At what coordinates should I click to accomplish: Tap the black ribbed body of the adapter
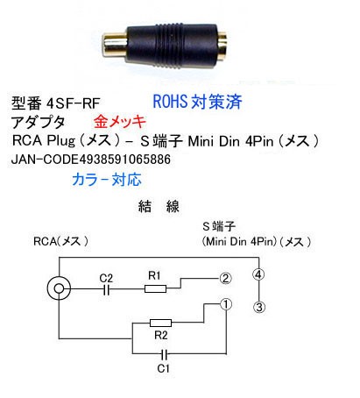[x=173, y=46]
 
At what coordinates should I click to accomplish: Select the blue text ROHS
[x=170, y=102]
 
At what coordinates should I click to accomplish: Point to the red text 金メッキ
[x=120, y=122]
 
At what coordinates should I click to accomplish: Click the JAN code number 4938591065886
[x=125, y=160]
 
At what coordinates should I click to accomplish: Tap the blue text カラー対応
[x=107, y=179]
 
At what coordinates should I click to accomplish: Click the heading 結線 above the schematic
[x=159, y=206]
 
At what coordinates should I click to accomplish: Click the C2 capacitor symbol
[x=107, y=289]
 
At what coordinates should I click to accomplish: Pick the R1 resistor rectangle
[x=156, y=289]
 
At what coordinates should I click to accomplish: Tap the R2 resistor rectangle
[x=160, y=323]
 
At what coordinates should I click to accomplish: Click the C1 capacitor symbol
[x=165, y=354]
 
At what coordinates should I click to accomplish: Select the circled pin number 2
[x=225, y=279]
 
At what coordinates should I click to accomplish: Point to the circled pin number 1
[x=226, y=304]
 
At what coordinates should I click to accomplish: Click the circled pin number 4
[x=258, y=274]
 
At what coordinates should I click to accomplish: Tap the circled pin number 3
[x=259, y=307]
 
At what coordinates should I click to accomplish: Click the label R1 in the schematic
[x=154, y=275]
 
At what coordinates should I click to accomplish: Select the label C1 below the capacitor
[x=163, y=368]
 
